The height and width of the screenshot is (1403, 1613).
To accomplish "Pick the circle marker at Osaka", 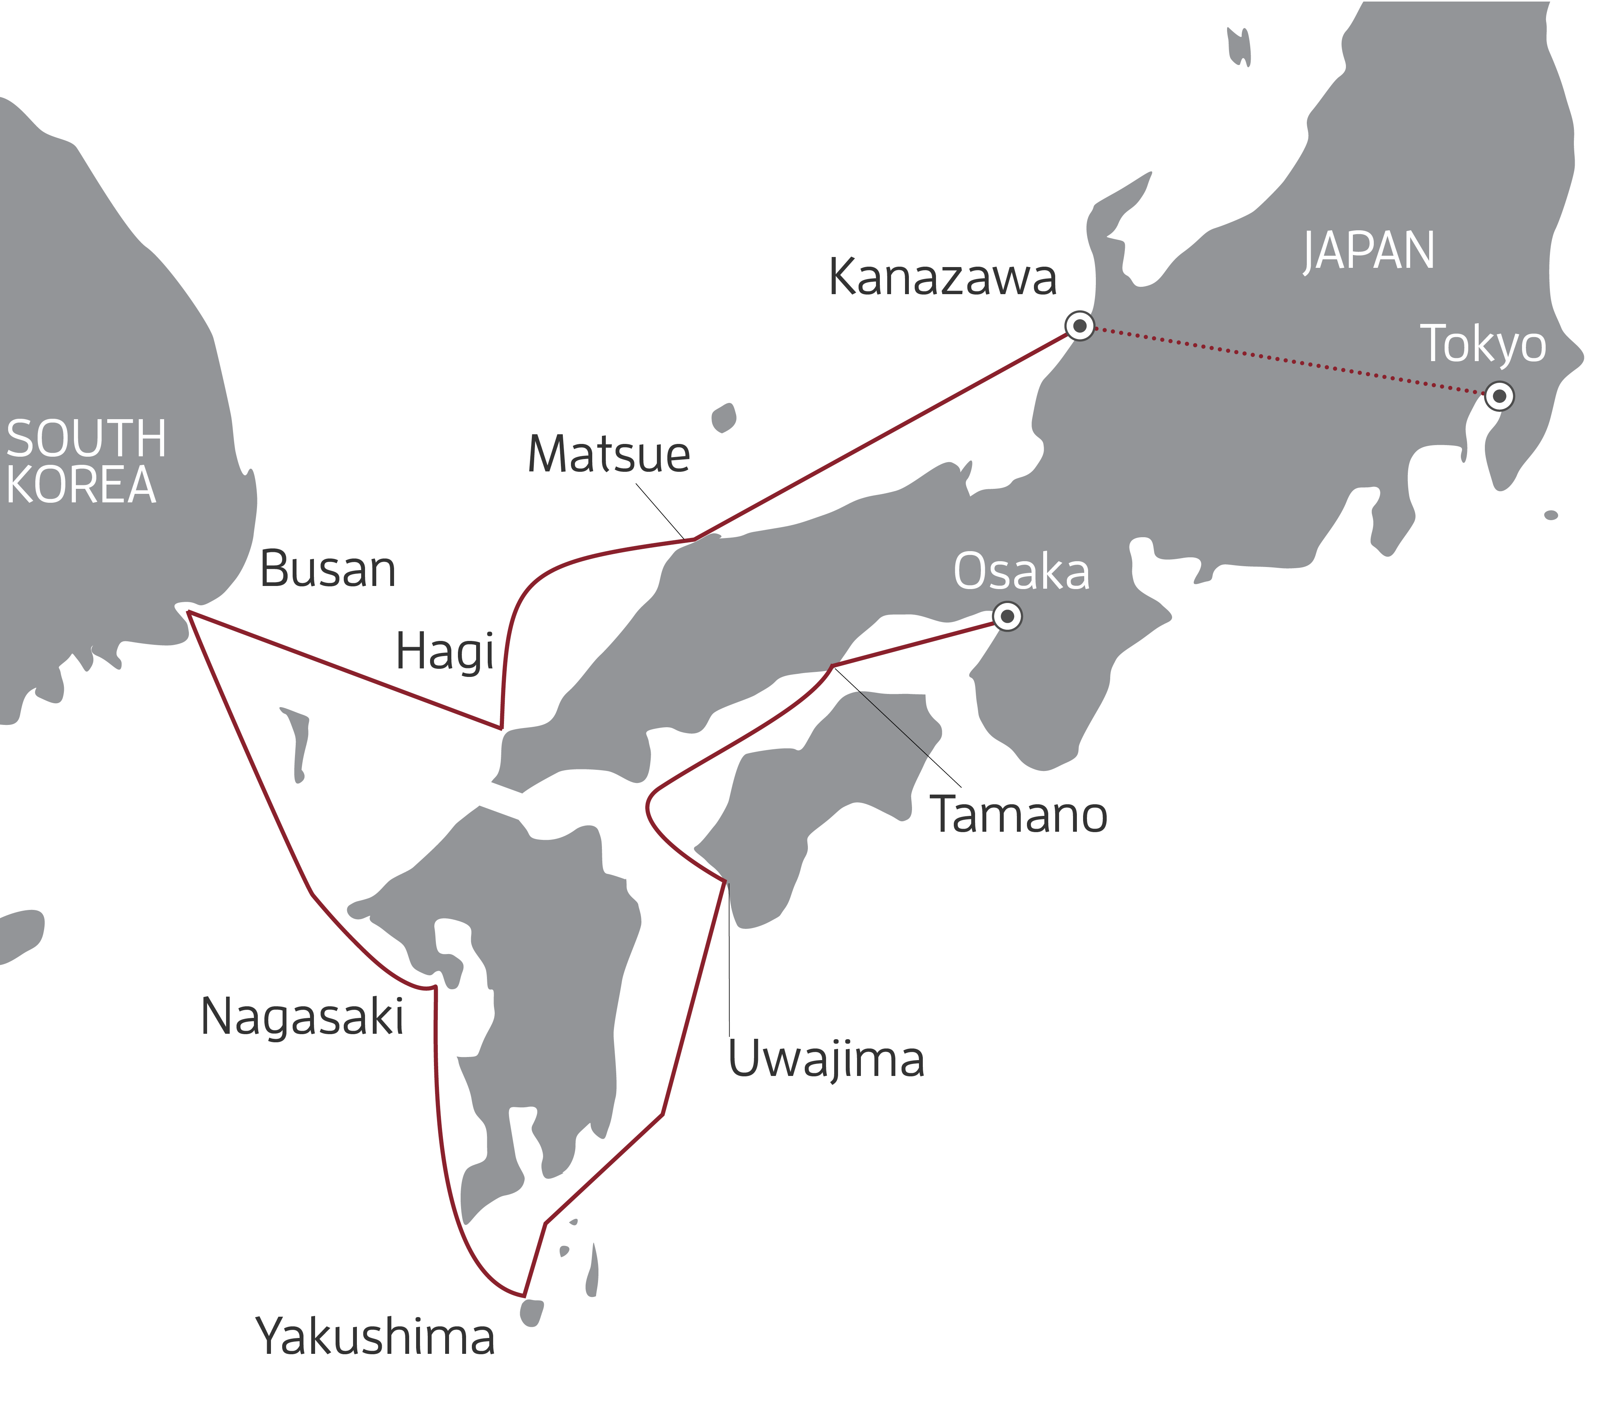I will coord(1008,617).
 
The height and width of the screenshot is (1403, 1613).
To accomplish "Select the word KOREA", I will coord(81,485).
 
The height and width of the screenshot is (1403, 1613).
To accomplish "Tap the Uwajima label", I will coord(826,1060).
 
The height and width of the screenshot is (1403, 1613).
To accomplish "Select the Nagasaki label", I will coord(302,1018).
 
